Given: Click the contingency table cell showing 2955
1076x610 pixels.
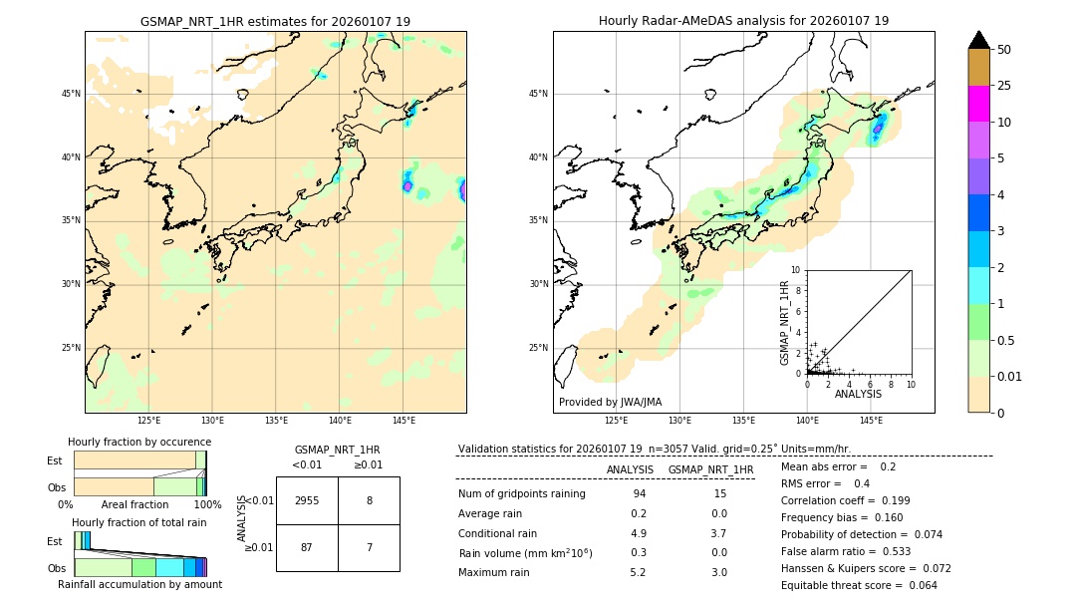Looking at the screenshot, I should click(307, 500).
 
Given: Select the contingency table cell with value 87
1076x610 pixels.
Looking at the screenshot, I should click(307, 547).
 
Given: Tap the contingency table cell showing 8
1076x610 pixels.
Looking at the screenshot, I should click(369, 500).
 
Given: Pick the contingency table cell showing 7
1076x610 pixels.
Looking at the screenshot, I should click(369, 547).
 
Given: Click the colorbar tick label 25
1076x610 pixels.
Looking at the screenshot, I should click(1004, 86).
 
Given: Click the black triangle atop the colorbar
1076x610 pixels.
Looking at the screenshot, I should click(979, 40).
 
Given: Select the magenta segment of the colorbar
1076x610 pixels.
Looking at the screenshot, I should click(979, 104).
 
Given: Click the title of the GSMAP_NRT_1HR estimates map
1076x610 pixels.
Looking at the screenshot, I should click(275, 21).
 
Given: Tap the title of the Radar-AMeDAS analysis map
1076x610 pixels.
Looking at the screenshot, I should click(743, 21).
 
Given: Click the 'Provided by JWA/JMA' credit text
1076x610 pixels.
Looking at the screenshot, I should click(610, 402).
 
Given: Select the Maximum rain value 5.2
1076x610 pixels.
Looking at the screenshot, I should click(639, 572).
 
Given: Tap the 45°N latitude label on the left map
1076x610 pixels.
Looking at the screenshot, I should click(70, 94).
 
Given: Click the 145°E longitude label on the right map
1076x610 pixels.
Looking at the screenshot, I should click(871, 421).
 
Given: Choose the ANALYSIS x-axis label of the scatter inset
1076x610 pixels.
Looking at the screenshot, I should click(858, 394).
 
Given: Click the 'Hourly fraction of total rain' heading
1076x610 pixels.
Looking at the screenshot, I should click(139, 523).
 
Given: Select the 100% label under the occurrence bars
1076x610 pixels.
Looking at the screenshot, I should click(206, 505).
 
